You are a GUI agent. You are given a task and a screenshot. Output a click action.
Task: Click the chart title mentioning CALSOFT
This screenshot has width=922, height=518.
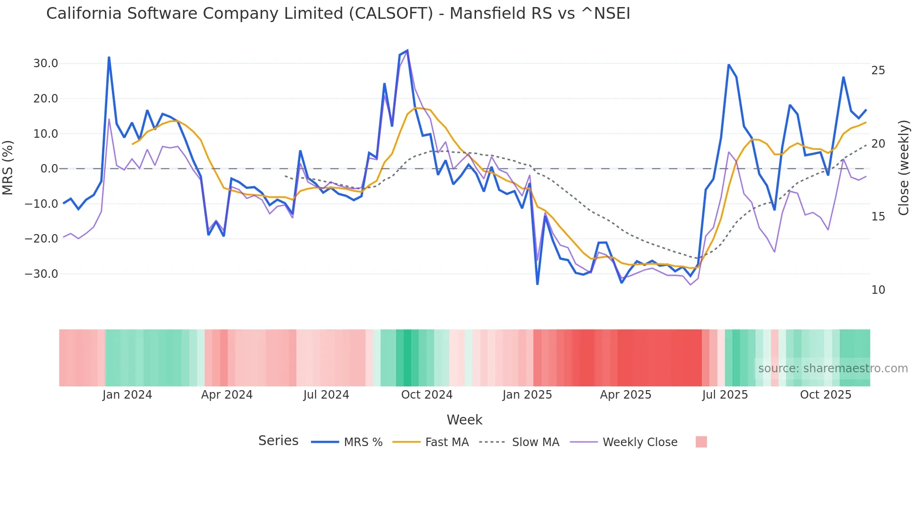(x=338, y=14)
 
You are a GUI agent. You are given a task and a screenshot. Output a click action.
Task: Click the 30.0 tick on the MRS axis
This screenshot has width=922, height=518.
(x=45, y=63)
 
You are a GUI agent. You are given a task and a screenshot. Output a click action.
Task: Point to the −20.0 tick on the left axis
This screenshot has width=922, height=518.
(x=41, y=239)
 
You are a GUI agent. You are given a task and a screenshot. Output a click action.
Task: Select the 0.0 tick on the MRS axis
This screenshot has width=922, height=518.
(x=49, y=169)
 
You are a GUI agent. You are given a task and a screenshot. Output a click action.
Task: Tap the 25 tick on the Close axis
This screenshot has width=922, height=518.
(x=878, y=71)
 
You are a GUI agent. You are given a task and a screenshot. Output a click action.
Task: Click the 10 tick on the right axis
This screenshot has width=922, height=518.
(x=878, y=290)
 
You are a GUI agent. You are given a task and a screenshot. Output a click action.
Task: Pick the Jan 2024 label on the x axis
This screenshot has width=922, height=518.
(x=127, y=395)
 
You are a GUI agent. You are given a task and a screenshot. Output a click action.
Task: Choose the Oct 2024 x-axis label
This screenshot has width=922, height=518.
(x=427, y=395)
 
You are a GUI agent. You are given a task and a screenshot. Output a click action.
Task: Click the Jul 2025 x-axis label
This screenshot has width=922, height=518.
(x=725, y=395)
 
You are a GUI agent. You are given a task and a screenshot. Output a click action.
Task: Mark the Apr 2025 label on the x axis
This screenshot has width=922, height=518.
(x=626, y=395)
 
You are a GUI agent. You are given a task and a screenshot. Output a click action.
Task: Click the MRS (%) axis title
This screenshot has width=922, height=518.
(x=8, y=168)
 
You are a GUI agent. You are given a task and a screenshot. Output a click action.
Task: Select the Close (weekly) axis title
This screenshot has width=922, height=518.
(x=904, y=168)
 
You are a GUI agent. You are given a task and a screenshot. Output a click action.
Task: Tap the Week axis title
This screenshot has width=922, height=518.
(x=464, y=420)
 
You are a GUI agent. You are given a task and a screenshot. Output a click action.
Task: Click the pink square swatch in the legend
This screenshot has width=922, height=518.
(x=701, y=442)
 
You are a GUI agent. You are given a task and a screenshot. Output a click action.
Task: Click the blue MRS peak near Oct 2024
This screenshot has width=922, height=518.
(x=407, y=50)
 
